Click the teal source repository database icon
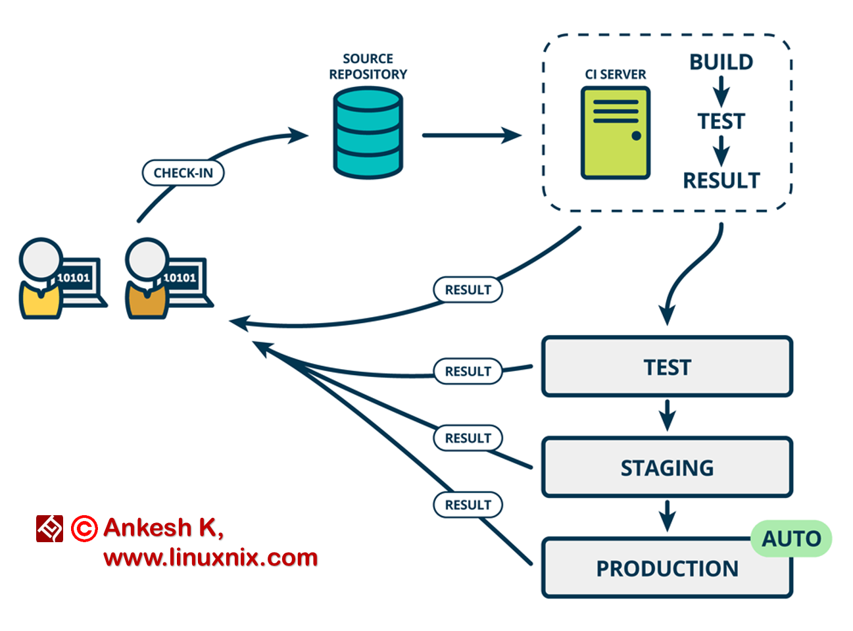(x=368, y=133)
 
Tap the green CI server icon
(x=615, y=133)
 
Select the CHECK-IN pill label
(x=183, y=173)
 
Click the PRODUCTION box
(x=666, y=568)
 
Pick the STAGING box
(x=666, y=467)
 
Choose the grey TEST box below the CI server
(x=666, y=367)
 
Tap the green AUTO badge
(x=791, y=539)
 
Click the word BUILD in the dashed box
(x=721, y=62)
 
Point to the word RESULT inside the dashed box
(x=721, y=180)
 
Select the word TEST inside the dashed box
(x=721, y=121)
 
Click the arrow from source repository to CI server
(x=470, y=136)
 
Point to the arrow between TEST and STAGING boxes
(x=667, y=415)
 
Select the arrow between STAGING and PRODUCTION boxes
(x=667, y=516)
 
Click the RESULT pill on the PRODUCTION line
(x=468, y=505)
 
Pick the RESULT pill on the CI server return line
(x=468, y=290)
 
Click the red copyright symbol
(x=84, y=528)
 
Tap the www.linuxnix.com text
(x=210, y=558)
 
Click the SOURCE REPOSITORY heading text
(x=368, y=66)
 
